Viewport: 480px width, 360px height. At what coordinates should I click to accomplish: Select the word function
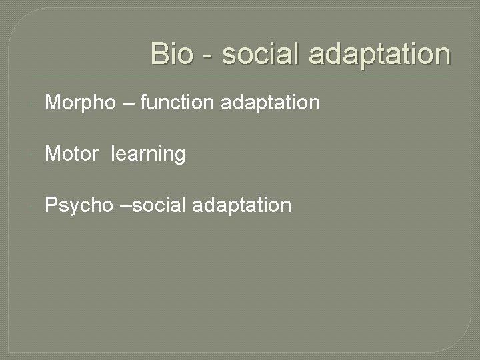pos(177,103)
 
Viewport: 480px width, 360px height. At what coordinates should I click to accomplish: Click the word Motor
pos(71,154)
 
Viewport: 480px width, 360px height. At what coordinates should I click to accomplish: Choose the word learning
pos(148,155)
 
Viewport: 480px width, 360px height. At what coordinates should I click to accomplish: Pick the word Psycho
pos(79,205)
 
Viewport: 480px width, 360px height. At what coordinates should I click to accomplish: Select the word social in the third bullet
pos(159,205)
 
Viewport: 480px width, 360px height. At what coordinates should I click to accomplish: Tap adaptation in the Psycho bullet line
pos(241,205)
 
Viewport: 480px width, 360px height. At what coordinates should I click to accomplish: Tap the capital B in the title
pos(159,54)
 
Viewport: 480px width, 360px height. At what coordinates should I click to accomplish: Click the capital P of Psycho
pos(51,205)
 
